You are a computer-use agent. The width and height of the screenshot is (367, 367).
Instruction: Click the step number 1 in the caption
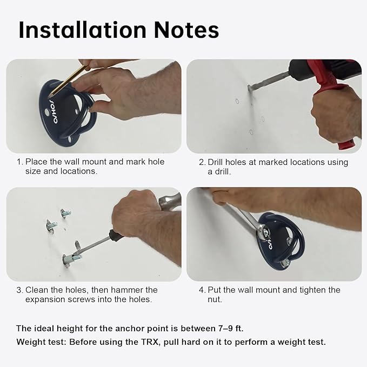pos(19,162)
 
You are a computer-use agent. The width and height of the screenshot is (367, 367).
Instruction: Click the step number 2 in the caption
pos(202,162)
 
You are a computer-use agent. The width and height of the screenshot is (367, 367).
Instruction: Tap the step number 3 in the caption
pos(19,290)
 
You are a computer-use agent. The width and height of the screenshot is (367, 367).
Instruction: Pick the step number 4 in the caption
pos(202,290)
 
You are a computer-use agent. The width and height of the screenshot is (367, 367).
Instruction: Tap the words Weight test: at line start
pos(41,342)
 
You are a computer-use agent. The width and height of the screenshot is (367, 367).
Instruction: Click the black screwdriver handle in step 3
pos(117,236)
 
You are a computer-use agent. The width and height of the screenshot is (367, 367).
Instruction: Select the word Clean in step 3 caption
pos(37,290)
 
